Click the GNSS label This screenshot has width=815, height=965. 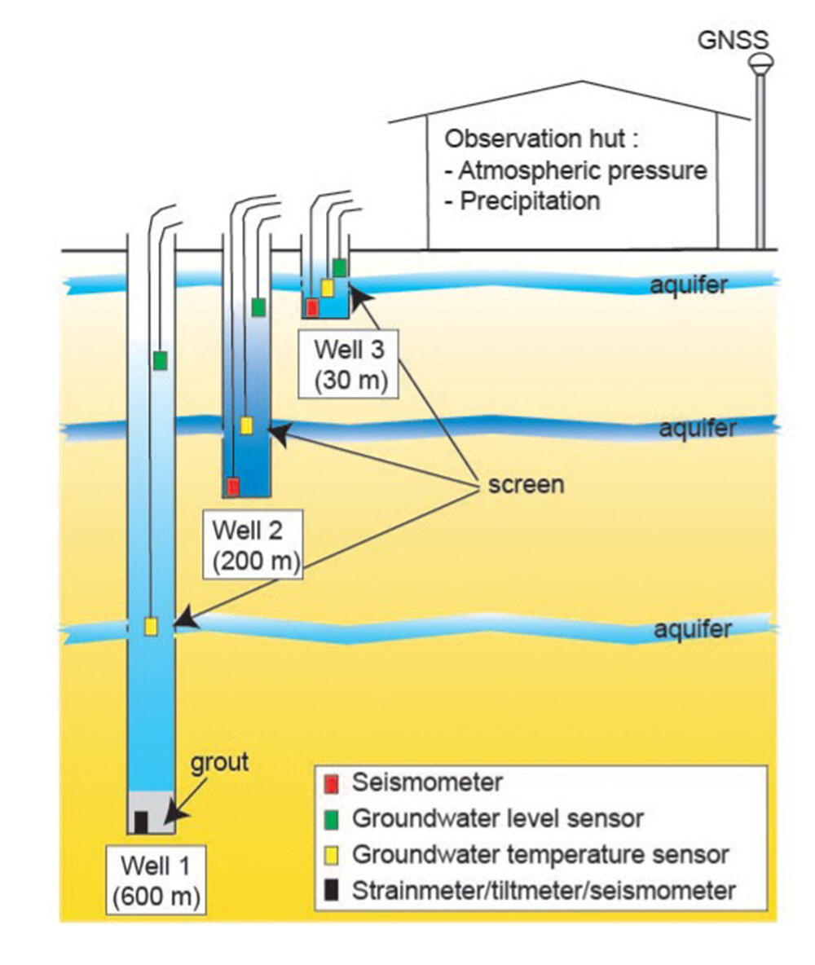(733, 40)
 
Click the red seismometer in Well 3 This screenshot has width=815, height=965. (313, 306)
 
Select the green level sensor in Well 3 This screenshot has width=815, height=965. (340, 267)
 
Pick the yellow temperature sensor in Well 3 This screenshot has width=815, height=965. (327, 288)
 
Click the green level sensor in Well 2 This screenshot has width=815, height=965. (258, 307)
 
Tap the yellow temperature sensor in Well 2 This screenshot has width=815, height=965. (246, 425)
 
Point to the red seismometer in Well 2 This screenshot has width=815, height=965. (232, 487)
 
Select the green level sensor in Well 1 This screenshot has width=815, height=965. (160, 360)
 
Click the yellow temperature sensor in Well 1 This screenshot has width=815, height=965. (151, 627)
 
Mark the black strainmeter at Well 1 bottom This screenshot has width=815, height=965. (142, 822)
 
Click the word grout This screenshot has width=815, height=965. (219, 763)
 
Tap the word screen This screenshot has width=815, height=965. (526, 484)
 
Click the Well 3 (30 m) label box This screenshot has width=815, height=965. (348, 364)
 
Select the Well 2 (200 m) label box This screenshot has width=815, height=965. (253, 544)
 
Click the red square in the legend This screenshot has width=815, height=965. (332, 783)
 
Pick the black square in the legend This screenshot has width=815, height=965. (332, 890)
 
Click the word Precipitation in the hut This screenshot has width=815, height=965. (530, 201)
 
